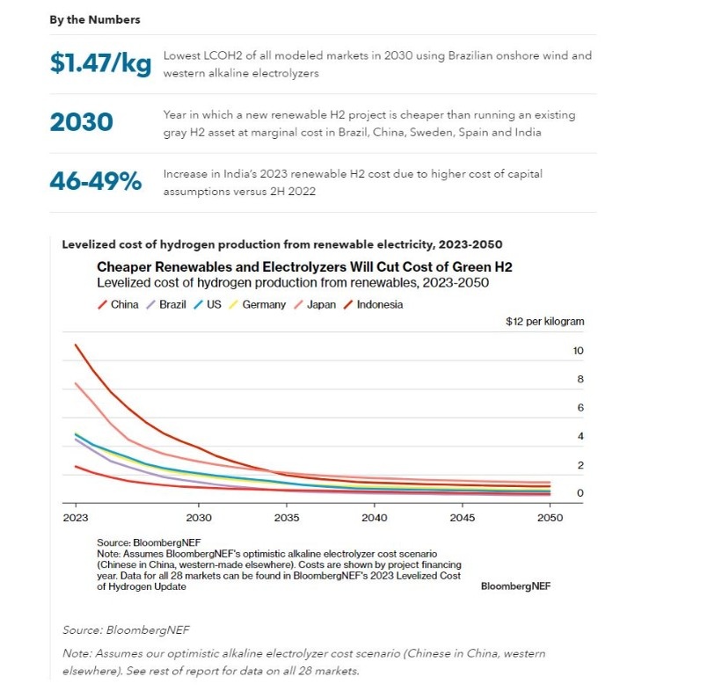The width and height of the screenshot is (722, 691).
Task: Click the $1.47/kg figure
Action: click(98, 63)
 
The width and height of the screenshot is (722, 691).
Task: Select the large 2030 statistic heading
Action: click(82, 122)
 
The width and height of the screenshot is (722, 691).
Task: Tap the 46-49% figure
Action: click(96, 181)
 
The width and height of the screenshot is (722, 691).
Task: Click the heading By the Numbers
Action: click(95, 19)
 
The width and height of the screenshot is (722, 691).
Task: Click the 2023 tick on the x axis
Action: click(76, 519)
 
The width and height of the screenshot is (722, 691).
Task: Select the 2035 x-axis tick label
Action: click(287, 519)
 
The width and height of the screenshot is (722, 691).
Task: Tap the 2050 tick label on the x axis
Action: click(550, 519)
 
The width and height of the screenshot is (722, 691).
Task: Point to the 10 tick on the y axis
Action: click(578, 351)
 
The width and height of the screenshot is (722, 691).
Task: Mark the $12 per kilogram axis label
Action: click(544, 322)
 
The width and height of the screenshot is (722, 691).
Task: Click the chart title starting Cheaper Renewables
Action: click(304, 266)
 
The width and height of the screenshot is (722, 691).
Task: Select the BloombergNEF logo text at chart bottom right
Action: click(515, 586)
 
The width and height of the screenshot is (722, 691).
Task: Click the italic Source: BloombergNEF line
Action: click(126, 630)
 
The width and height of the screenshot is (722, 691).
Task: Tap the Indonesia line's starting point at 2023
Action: click(77, 345)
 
